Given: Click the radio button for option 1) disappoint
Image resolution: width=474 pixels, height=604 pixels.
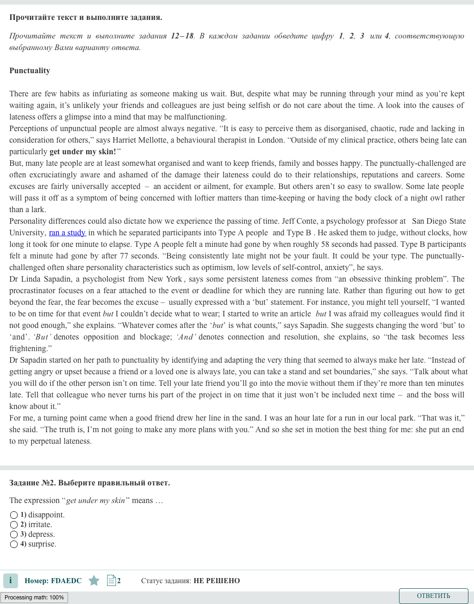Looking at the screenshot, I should pyautogui.click(x=14, y=515).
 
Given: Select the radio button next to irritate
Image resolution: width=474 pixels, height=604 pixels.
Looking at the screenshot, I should pyautogui.click(x=14, y=525).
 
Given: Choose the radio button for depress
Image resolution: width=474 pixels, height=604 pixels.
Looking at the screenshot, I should pyautogui.click(x=14, y=535).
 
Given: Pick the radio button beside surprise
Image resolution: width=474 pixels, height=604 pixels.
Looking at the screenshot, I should pyautogui.click(x=14, y=544).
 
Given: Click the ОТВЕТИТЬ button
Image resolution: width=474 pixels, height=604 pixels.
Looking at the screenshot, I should pyautogui.click(x=433, y=596).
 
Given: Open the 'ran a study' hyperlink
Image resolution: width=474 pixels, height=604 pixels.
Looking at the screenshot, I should pyautogui.click(x=67, y=233).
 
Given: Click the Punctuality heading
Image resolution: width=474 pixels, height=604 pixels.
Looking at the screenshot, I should pyautogui.click(x=30, y=70).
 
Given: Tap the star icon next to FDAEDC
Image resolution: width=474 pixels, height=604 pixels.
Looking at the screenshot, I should pyautogui.click(x=94, y=580).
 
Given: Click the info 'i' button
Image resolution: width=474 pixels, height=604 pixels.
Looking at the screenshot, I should pyautogui.click(x=11, y=580).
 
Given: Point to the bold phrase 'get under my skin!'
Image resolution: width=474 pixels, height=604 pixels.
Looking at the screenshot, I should pyautogui.click(x=83, y=151).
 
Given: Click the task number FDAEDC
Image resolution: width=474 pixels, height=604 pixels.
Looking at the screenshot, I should pyautogui.click(x=66, y=581).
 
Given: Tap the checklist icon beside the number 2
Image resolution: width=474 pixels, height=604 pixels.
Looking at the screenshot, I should pyautogui.click(x=112, y=580).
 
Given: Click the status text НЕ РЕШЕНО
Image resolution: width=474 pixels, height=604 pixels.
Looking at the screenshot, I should pyautogui.click(x=217, y=581).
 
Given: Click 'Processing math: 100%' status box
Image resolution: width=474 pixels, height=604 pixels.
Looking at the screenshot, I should pyautogui.click(x=34, y=598).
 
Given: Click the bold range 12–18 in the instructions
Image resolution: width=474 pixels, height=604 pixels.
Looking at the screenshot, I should pyautogui.click(x=182, y=36).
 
